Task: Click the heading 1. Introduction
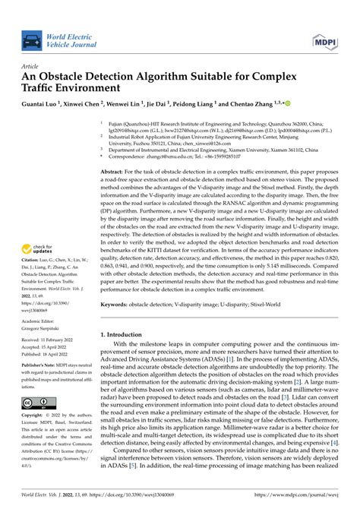(127, 334)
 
